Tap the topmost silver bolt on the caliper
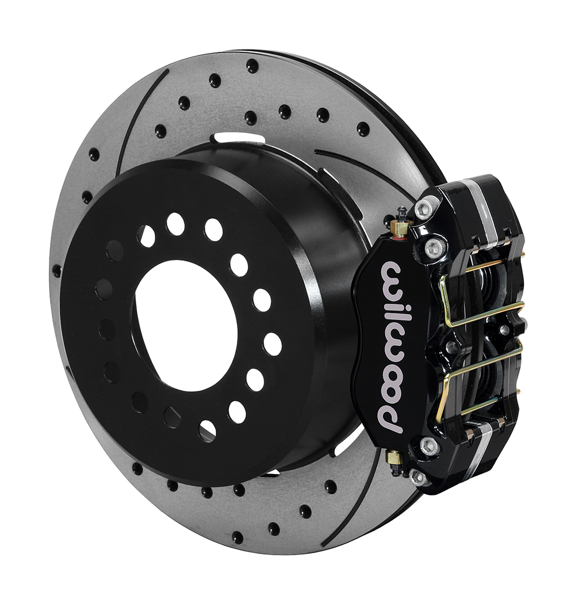pyautogui.click(x=428, y=207)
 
